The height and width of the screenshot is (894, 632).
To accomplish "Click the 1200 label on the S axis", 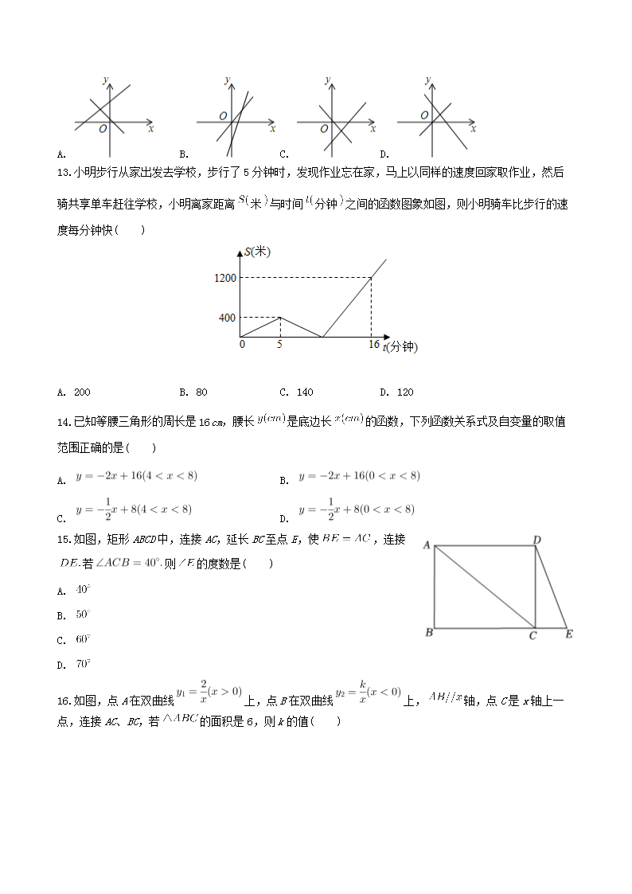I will pos(225,278).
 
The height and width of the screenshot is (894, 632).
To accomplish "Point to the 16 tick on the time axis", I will pos(374,345).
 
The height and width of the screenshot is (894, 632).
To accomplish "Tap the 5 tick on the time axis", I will pos(279,345).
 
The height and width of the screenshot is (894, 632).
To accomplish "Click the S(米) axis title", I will pos(258,252).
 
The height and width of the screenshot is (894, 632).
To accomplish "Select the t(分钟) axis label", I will pos(400,347).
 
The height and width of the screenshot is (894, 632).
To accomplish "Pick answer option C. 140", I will pos(297,392).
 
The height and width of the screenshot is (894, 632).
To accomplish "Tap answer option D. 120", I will pos(396,392).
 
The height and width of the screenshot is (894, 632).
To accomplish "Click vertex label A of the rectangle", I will pos(427,545).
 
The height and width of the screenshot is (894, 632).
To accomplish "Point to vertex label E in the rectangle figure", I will pos(569,634).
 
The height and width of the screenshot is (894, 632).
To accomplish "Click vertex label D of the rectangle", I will pos(537,541).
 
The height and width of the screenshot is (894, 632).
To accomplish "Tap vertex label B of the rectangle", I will pos(429,634).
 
